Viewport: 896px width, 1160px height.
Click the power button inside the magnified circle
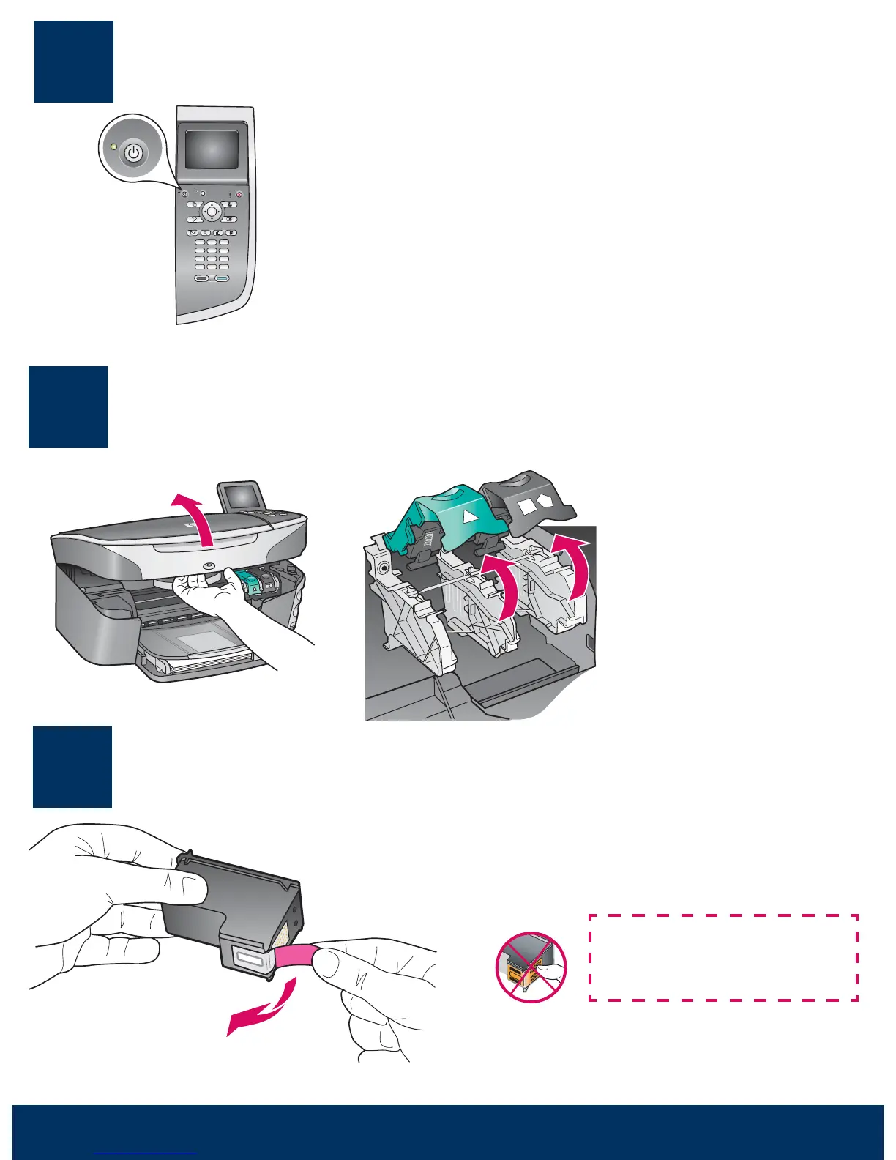(x=132, y=155)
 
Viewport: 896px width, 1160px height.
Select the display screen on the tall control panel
(x=212, y=149)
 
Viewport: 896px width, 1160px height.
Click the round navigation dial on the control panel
(x=212, y=212)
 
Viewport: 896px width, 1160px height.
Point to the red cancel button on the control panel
(x=239, y=196)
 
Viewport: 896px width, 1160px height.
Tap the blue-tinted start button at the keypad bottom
(x=222, y=278)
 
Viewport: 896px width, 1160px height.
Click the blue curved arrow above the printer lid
(x=194, y=517)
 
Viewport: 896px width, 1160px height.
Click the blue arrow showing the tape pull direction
(x=264, y=1011)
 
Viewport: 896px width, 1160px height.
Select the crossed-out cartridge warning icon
(x=531, y=967)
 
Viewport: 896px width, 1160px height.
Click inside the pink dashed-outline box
(x=723, y=957)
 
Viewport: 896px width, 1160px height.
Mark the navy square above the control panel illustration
(x=74, y=62)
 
